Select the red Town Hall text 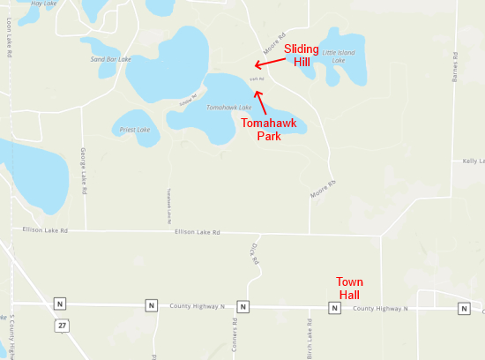[x=349, y=287]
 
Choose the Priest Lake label [x=135, y=130]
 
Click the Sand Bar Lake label [x=111, y=59]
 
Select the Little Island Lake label [x=339, y=56]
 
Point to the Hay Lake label [x=42, y=4]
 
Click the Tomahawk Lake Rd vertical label [x=166, y=204]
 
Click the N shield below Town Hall [x=334, y=308]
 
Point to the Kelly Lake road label [x=473, y=161]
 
